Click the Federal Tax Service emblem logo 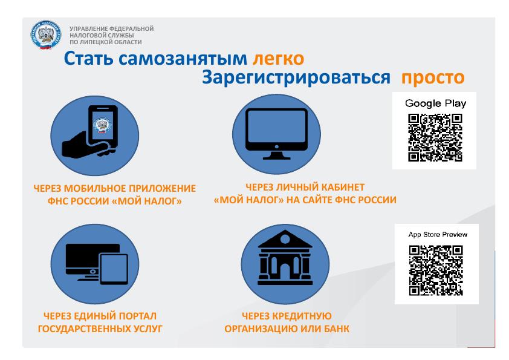[46, 35]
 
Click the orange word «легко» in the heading [278, 59]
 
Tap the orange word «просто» [433, 78]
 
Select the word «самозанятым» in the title [183, 59]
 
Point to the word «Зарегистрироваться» [296, 78]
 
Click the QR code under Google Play [435, 137]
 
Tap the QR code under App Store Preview [436, 270]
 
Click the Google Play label [435, 103]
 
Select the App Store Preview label [438, 234]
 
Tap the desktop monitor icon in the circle [276, 134]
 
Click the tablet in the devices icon [114, 269]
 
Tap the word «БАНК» [336, 329]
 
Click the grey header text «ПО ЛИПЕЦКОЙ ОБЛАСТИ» [106, 42]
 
